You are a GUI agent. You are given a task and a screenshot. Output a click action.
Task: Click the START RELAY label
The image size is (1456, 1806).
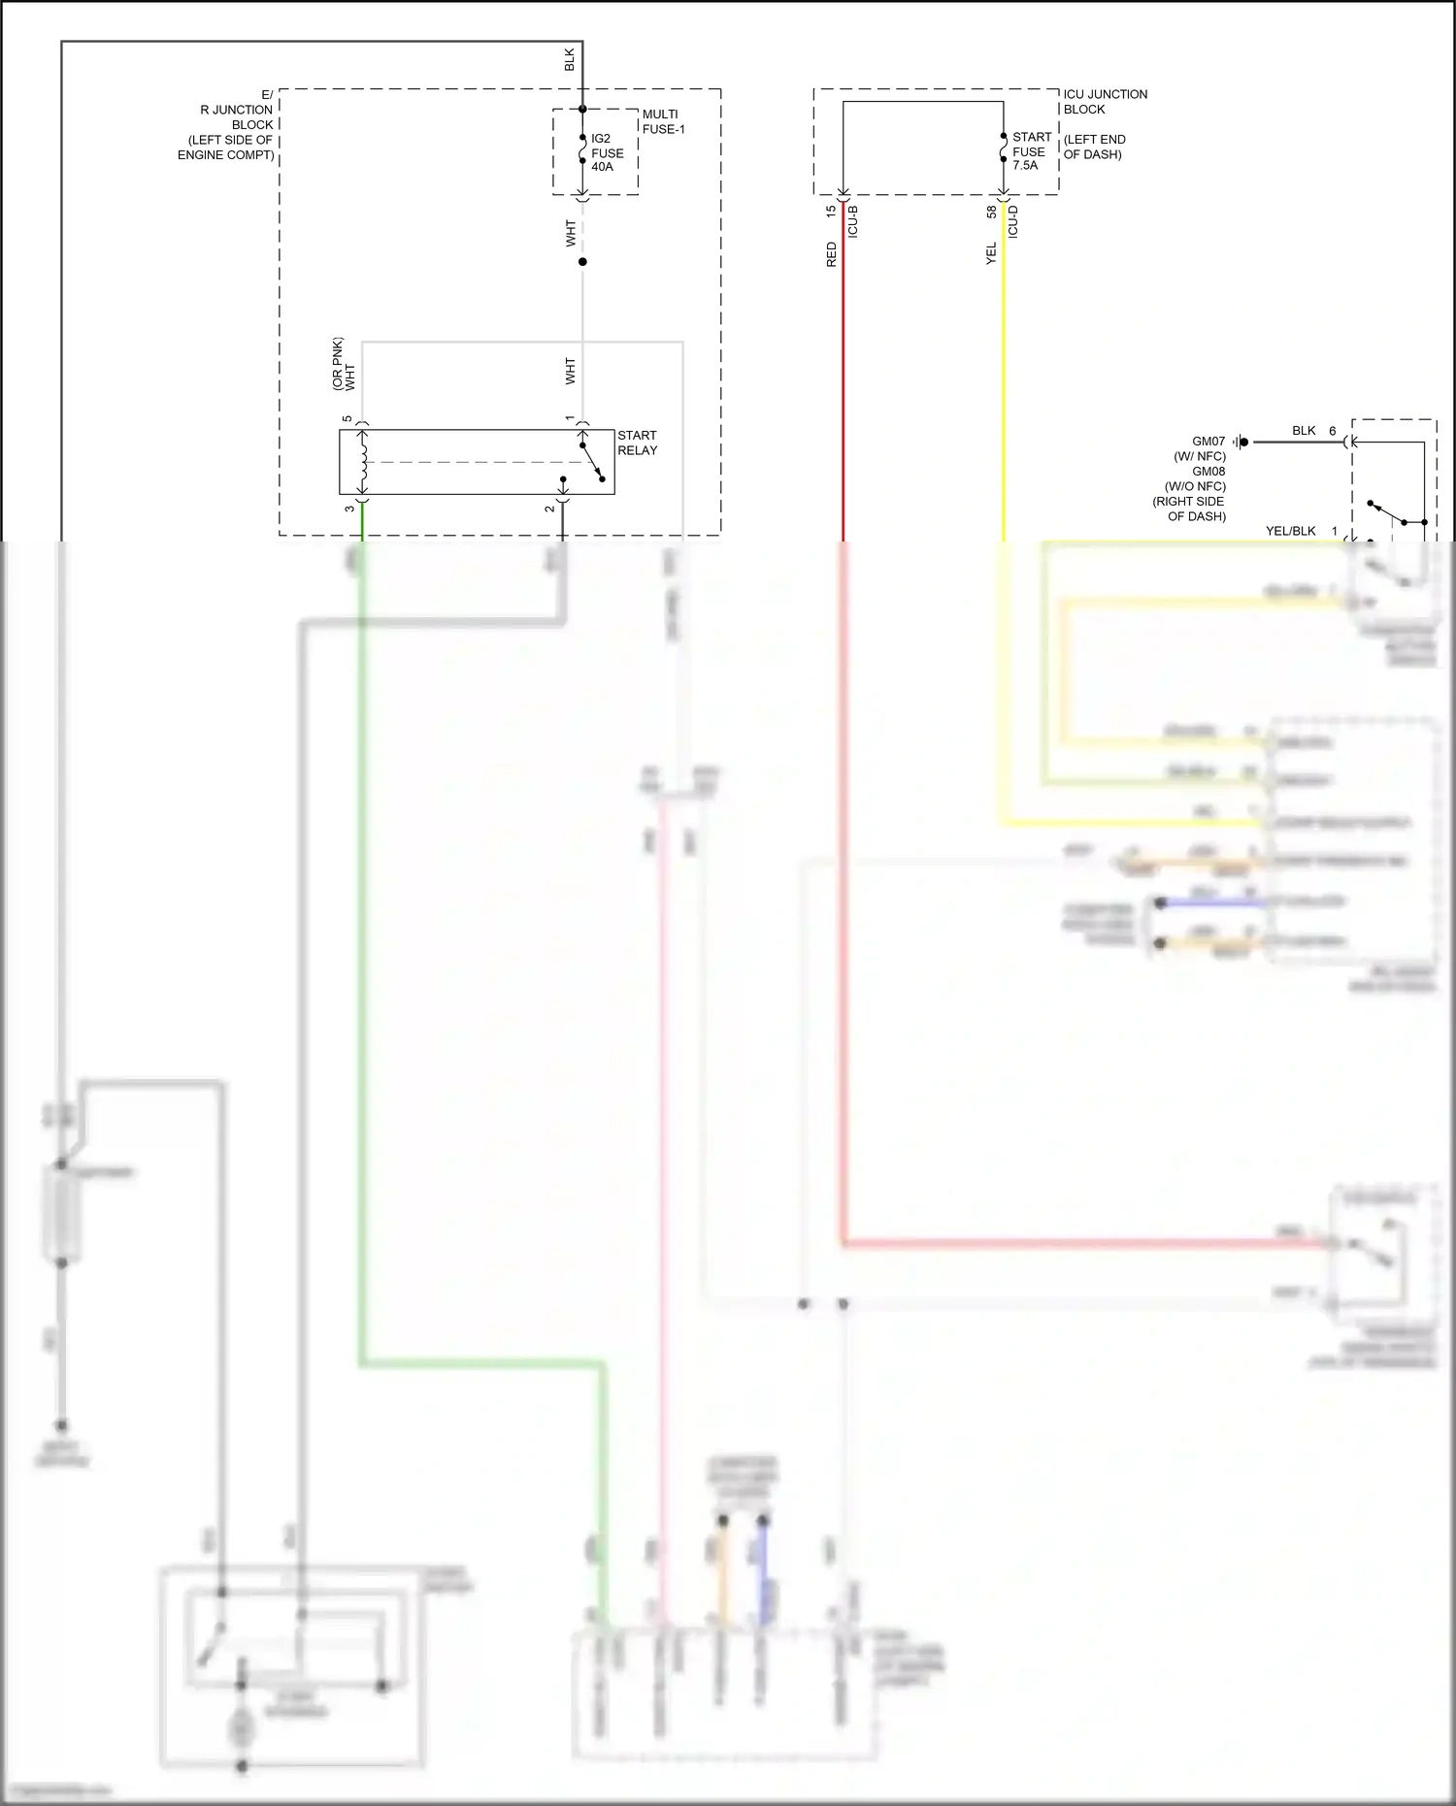point(637,443)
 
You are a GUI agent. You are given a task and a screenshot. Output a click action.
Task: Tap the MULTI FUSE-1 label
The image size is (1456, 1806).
point(663,121)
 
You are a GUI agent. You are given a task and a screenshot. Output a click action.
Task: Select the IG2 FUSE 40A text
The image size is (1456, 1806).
point(607,152)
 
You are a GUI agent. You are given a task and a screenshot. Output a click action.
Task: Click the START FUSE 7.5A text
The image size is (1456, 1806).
point(1030,151)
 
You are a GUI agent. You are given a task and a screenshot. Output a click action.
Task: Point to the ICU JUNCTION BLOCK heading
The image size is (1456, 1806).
point(1105,101)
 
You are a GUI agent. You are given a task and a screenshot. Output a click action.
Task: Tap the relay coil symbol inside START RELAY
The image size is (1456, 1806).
point(364,462)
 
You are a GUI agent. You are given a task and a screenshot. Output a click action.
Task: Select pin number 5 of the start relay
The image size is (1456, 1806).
point(347,419)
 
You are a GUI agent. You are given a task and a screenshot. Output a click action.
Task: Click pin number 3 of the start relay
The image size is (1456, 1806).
point(349,509)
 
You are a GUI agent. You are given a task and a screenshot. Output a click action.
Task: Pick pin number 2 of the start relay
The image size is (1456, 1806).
point(549,509)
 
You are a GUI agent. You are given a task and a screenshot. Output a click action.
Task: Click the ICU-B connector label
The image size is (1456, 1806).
point(853,222)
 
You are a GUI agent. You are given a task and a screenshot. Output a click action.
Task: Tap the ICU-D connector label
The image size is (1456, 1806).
point(1013,222)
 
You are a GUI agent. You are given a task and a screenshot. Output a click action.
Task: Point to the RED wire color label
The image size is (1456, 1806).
point(831,255)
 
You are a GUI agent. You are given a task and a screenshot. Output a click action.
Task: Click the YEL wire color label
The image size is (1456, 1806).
point(991,254)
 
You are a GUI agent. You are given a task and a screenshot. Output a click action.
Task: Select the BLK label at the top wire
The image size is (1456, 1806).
point(570,59)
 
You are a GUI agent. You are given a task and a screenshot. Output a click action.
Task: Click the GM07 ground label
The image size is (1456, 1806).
point(1208,442)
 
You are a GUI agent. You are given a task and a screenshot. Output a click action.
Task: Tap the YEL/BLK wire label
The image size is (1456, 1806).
point(1290,531)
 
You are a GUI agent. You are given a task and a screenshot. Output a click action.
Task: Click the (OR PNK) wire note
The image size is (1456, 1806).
point(338,364)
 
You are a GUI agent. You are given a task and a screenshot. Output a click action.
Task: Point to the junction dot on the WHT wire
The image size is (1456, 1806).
point(582,262)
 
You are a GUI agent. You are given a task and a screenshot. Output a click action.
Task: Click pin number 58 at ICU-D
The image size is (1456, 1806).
point(991,211)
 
